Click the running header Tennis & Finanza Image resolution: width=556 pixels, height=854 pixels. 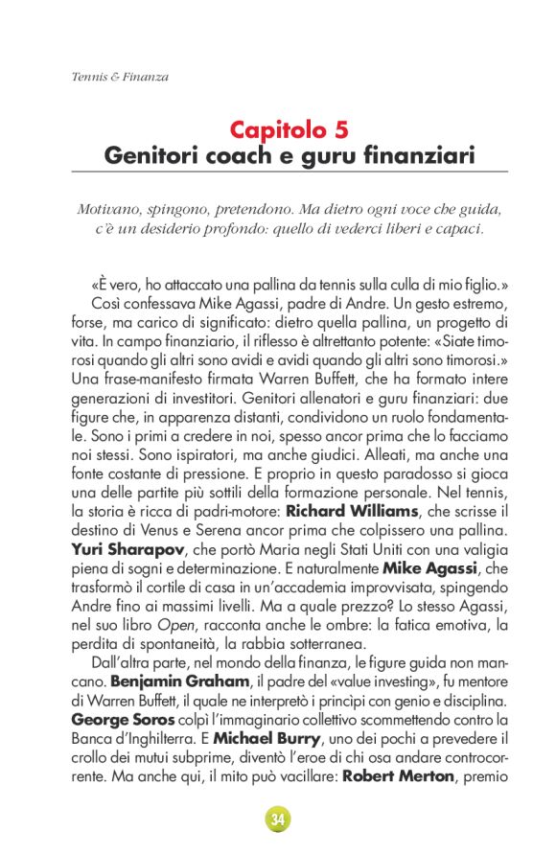[x=120, y=77]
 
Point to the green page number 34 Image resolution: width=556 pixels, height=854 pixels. [x=277, y=819]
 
